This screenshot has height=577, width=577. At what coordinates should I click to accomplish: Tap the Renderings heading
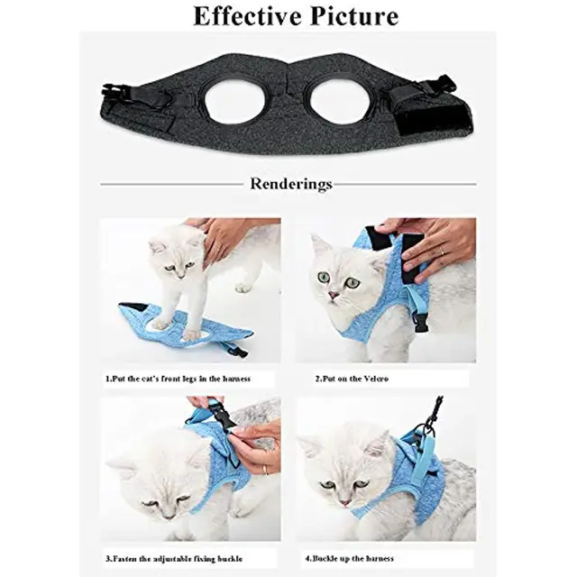click(291, 184)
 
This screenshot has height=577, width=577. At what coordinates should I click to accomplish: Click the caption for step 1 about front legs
click(179, 379)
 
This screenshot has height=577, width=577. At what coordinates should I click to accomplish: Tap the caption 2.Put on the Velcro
click(352, 379)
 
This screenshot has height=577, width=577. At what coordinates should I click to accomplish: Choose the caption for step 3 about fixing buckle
click(174, 559)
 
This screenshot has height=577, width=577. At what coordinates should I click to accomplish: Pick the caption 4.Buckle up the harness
click(350, 559)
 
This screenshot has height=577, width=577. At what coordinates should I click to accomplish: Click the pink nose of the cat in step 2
click(334, 295)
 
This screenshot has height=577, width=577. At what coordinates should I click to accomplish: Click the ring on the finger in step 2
click(441, 251)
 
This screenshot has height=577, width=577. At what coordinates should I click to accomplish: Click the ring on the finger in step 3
click(264, 469)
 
